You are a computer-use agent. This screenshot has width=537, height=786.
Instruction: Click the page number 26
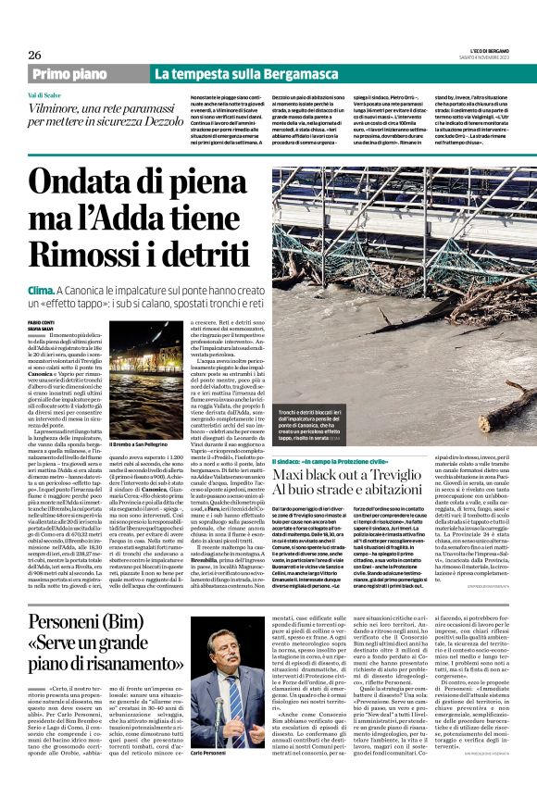pyautogui.click(x=35, y=55)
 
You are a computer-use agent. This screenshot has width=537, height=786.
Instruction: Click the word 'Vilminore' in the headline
pyautogui.click(x=55, y=108)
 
